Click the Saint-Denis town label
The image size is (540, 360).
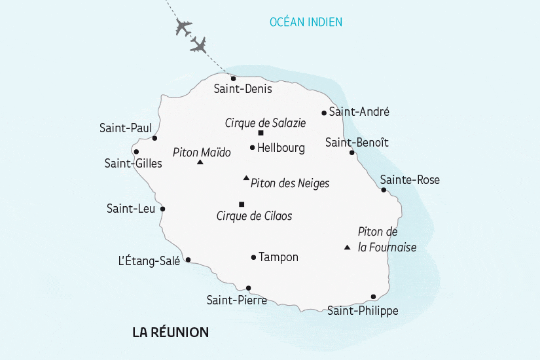(x=243, y=89)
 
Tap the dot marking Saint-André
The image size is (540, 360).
(x=324, y=113)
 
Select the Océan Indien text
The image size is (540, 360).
(x=306, y=22)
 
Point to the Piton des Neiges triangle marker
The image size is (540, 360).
(x=246, y=177)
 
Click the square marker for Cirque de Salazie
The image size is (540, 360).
(x=261, y=133)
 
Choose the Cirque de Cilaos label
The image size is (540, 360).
(x=254, y=215)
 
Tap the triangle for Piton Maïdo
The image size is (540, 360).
(x=200, y=162)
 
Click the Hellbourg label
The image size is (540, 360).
(x=281, y=148)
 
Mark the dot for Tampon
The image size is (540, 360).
(x=253, y=257)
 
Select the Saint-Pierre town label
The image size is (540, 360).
(x=236, y=300)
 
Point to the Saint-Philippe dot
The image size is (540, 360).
(x=373, y=297)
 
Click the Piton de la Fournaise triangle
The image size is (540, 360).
(x=347, y=247)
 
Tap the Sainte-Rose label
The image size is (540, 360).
(x=410, y=180)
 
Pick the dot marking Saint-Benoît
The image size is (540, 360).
(x=352, y=153)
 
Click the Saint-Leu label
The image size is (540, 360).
(x=131, y=209)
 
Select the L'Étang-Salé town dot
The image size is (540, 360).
(x=189, y=260)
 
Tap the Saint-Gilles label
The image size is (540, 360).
(x=133, y=164)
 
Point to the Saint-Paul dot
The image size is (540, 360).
(x=154, y=138)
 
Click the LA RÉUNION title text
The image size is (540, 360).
(x=170, y=333)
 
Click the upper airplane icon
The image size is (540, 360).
(x=183, y=28)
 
